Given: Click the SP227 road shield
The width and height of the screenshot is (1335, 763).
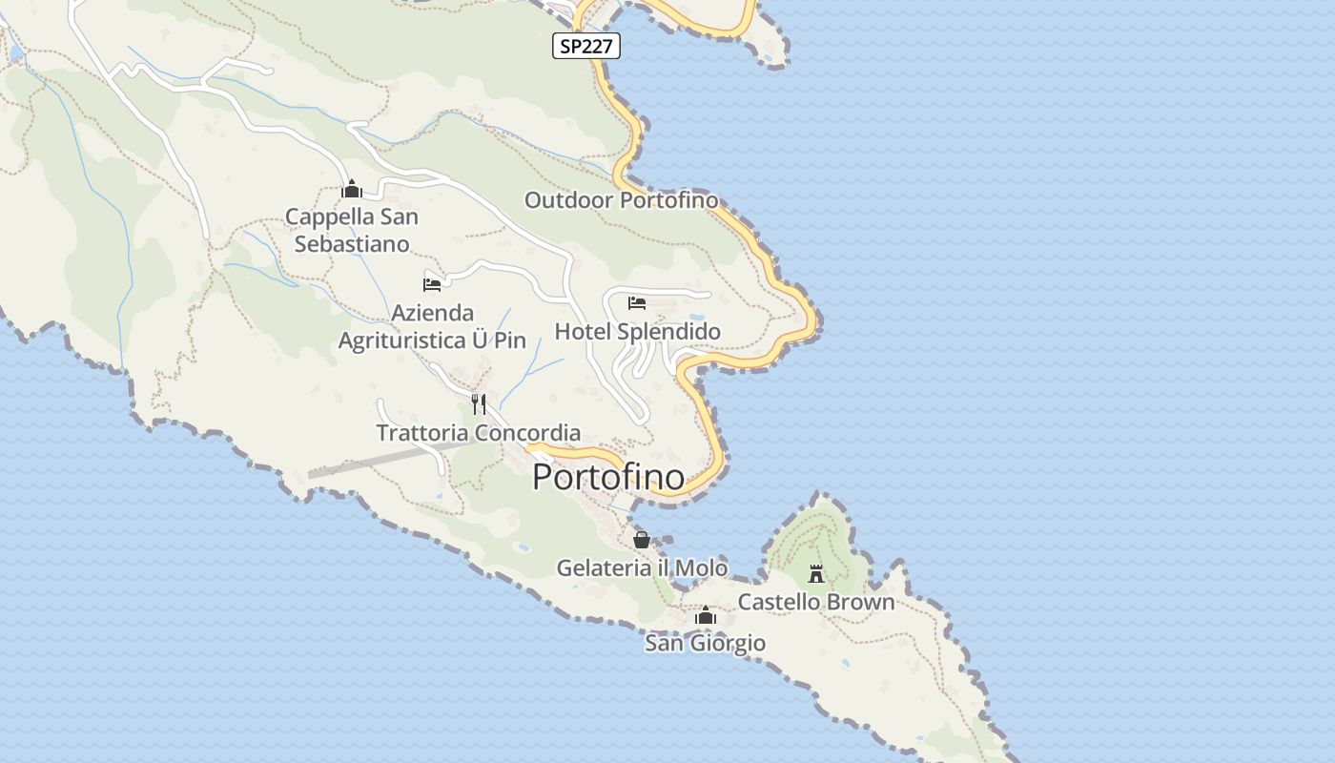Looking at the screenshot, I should point(586,46).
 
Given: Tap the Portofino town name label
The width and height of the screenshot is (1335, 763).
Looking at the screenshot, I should point(608,477).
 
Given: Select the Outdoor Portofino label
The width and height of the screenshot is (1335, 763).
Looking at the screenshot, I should point(621,200).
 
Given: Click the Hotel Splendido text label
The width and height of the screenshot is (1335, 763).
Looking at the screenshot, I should point(638,332).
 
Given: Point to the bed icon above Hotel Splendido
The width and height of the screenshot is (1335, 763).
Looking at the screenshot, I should point(637,303).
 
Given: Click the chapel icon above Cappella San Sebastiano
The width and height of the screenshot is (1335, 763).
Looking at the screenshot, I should point(352,189).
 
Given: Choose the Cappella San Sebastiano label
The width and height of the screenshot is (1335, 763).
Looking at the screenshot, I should point(352,230).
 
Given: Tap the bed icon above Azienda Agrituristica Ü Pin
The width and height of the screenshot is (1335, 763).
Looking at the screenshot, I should point(432,283).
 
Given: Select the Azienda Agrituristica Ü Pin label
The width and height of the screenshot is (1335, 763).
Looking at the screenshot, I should point(432,326).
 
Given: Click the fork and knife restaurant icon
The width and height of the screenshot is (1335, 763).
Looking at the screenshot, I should point(479,404).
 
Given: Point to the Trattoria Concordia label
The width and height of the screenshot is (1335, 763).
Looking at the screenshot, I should point(479,433).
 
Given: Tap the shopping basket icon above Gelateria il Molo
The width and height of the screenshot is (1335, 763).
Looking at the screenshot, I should point(642,540).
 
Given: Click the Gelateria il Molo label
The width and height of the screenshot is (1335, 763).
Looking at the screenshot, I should point(642,568).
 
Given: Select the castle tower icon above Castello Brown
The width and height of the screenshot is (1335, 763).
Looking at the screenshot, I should point(816,573).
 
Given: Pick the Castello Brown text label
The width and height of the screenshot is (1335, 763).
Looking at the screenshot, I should point(816,603).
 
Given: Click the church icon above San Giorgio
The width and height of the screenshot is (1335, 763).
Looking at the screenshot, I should point(706,616).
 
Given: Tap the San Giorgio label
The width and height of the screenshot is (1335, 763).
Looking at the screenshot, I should point(706,644).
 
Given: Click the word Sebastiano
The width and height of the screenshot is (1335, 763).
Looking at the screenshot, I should point(352,244).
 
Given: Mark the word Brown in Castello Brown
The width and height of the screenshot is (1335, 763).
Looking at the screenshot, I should point(860,603).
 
